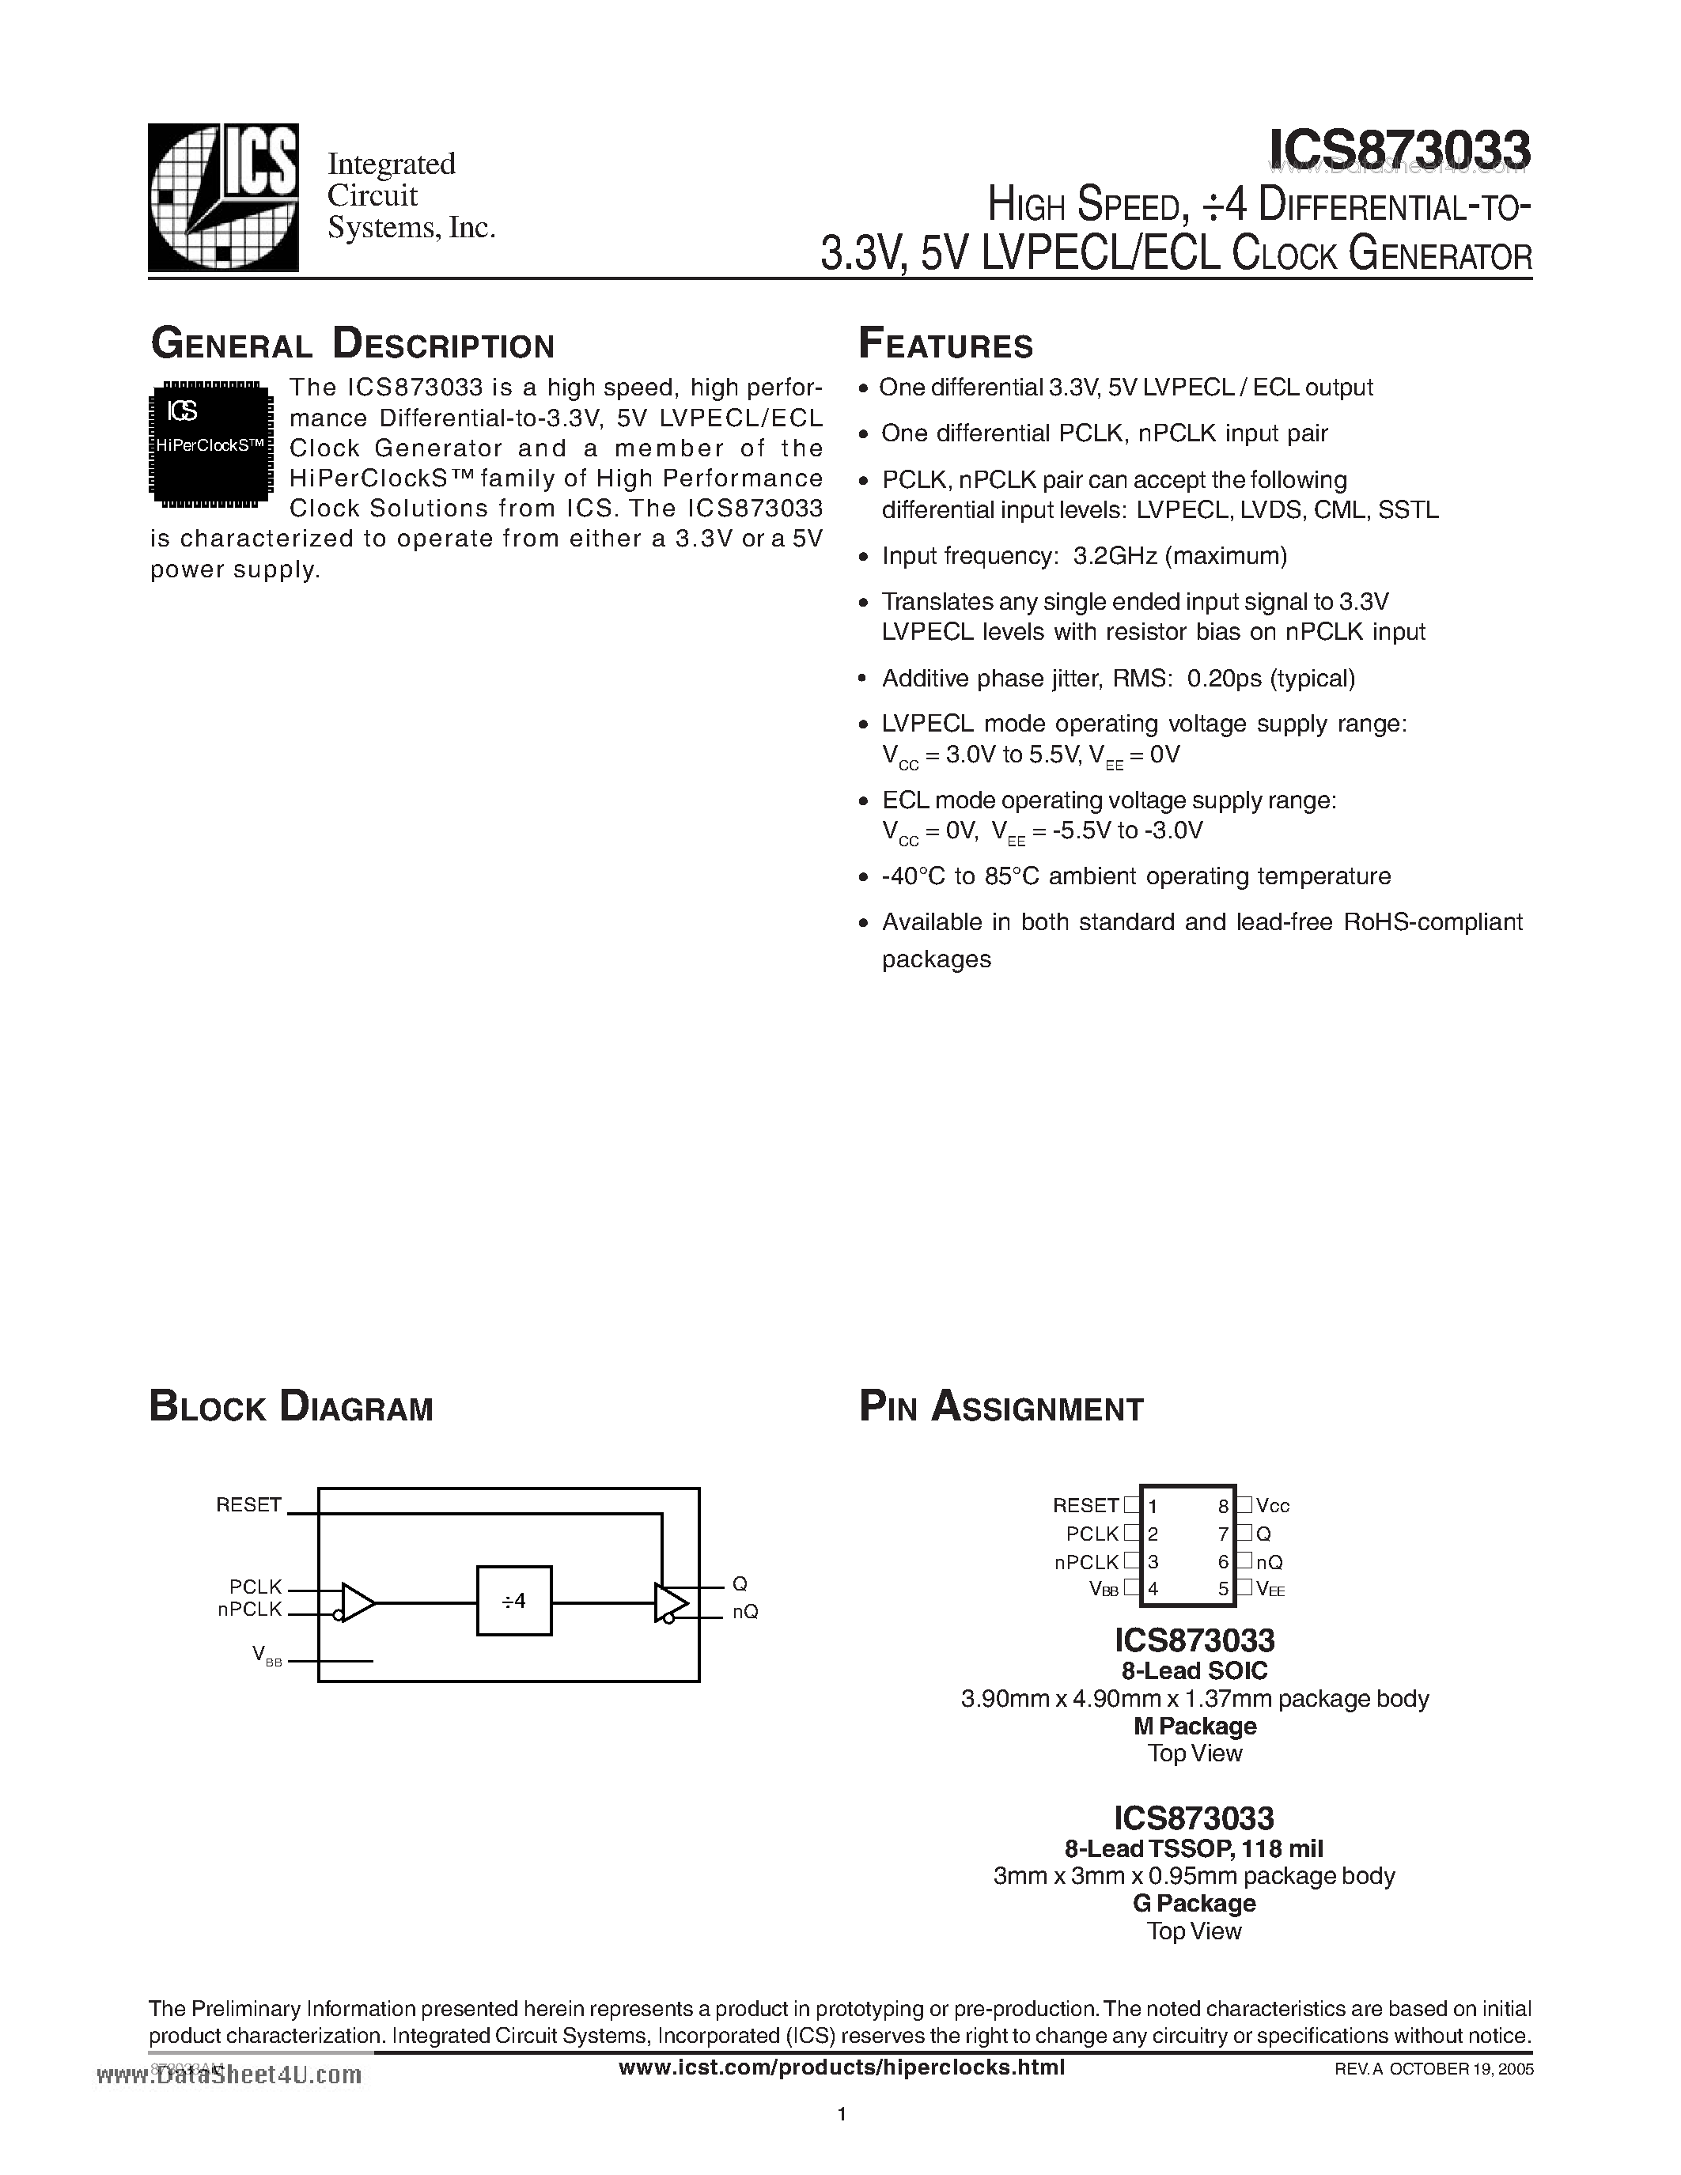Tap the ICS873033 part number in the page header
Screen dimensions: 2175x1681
pyautogui.click(x=1399, y=151)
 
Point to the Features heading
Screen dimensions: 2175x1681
pyautogui.click(x=945, y=345)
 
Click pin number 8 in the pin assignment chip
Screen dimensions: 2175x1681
pyautogui.click(x=1223, y=1507)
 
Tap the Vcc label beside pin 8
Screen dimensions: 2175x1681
pyautogui.click(x=1273, y=1507)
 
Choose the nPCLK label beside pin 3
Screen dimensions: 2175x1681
pyautogui.click(x=1086, y=1563)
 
